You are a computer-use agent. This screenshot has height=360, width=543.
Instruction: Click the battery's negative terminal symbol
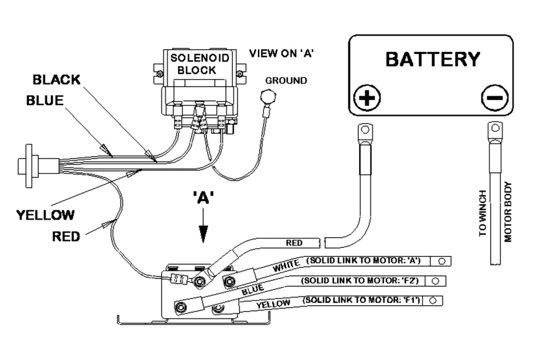tap(495, 98)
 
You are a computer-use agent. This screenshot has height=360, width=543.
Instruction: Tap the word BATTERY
tap(432, 59)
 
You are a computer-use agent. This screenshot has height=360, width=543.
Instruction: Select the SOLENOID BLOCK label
tap(200, 64)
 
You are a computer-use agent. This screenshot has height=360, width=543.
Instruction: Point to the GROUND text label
tap(286, 81)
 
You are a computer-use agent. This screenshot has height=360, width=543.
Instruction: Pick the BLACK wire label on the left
tap(56, 80)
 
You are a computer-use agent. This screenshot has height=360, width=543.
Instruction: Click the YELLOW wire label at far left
tap(45, 215)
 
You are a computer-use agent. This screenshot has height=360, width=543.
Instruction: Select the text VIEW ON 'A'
tap(280, 54)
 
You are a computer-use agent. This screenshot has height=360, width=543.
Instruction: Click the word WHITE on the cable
tap(285, 266)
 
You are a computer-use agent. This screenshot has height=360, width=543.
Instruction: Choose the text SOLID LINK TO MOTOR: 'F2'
tap(360, 281)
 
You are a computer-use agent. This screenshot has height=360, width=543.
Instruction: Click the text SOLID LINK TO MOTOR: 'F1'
tap(363, 300)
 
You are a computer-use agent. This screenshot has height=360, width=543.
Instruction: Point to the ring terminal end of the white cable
tap(441, 261)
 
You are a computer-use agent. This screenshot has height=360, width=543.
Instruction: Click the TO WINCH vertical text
tap(483, 213)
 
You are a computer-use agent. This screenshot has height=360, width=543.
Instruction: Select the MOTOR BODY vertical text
tap(509, 212)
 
